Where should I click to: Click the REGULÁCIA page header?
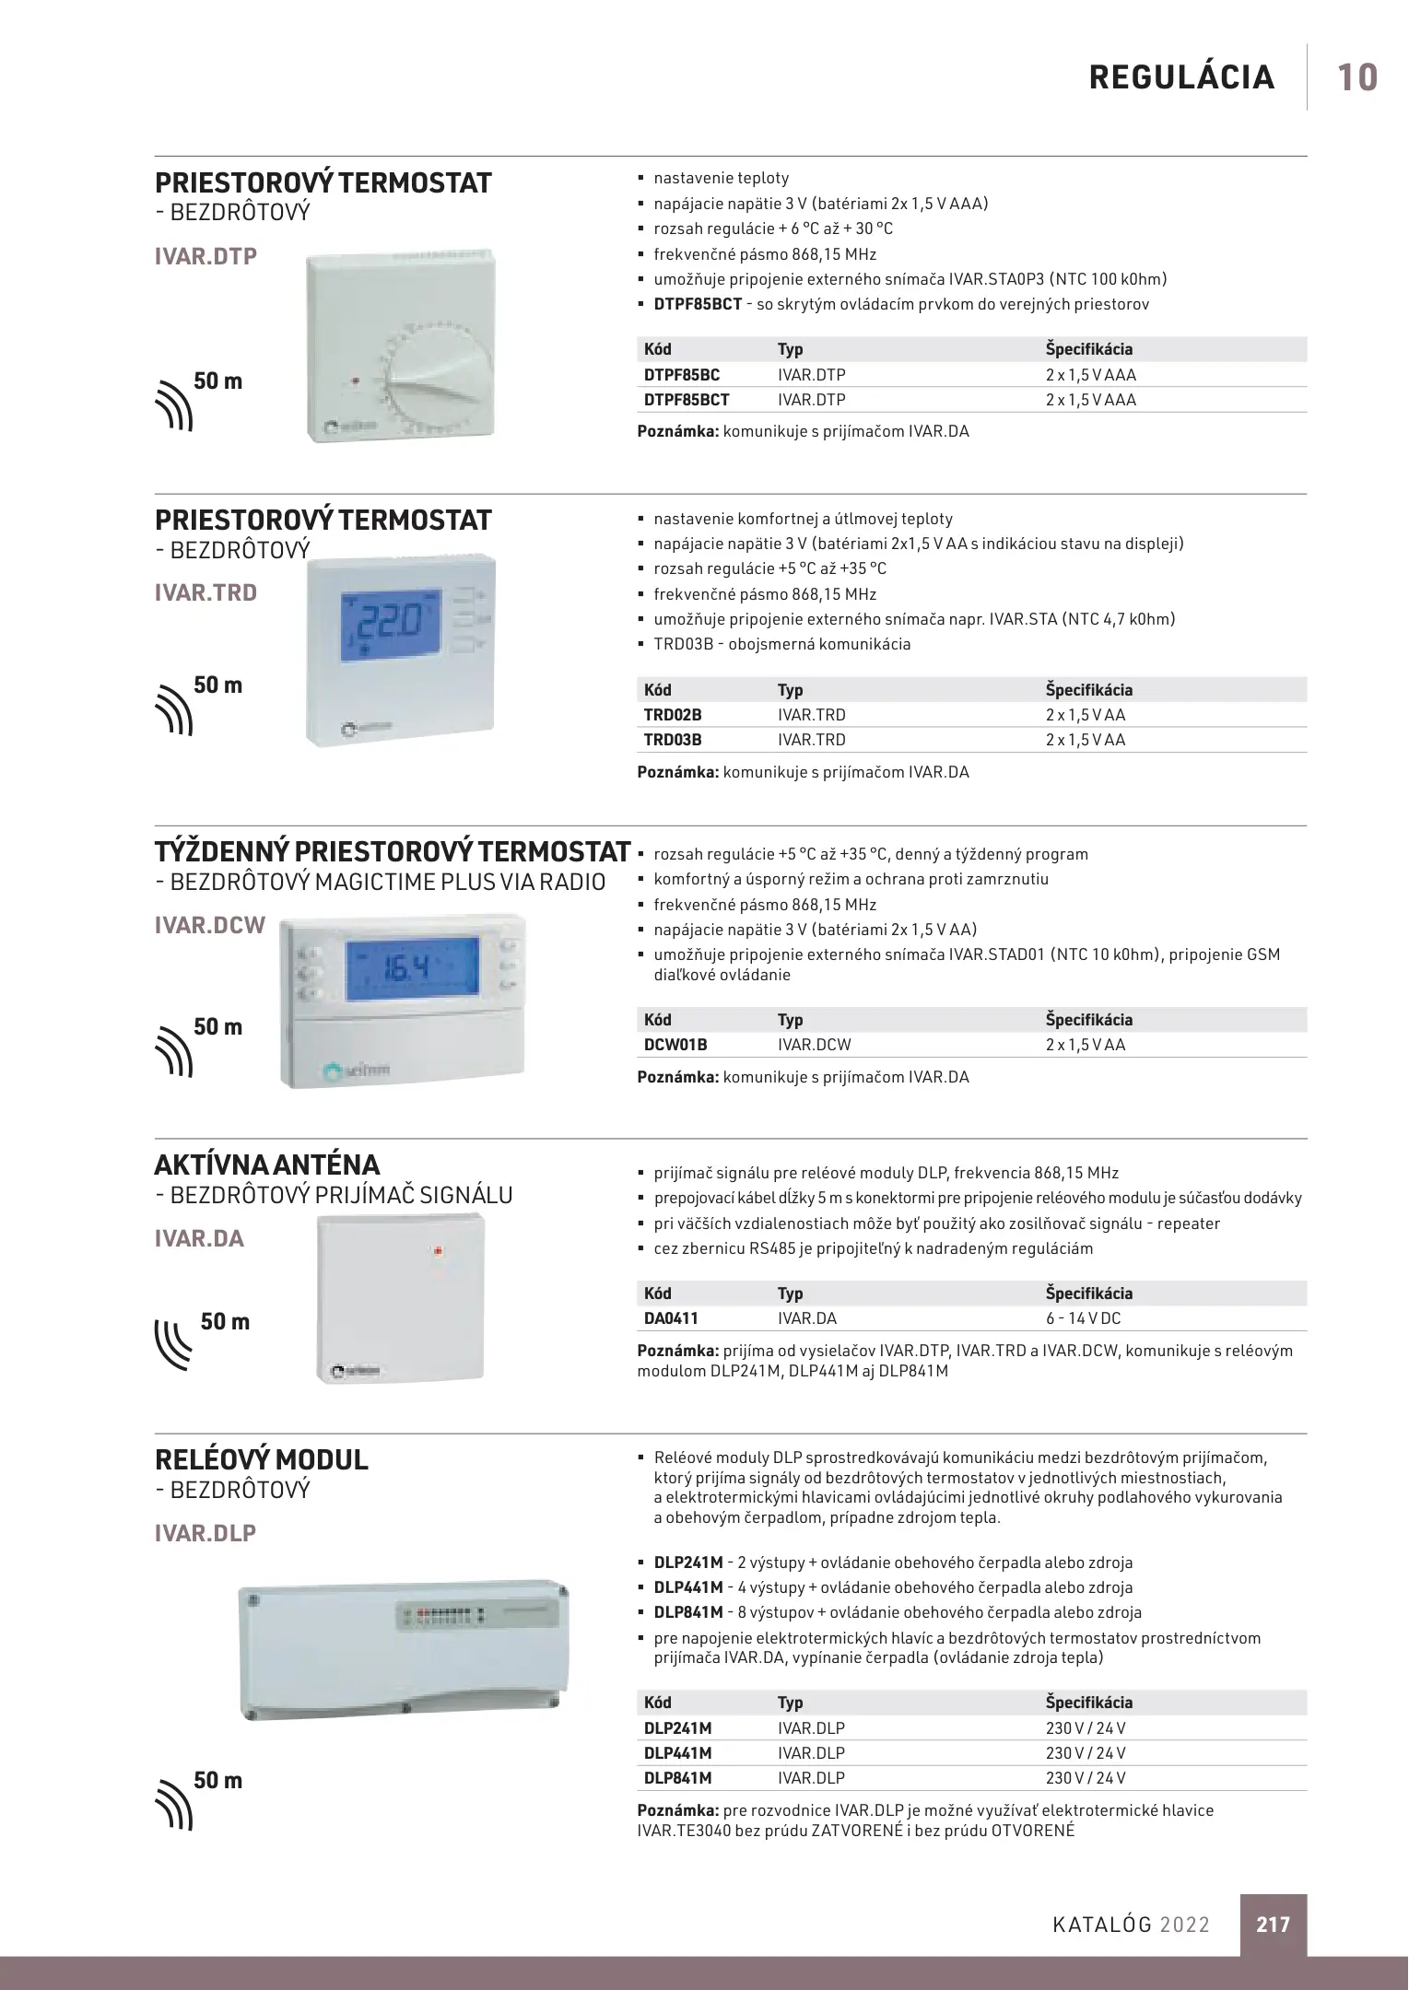[x=1181, y=77]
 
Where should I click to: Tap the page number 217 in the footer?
[x=1273, y=1924]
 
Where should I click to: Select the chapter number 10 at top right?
[x=1356, y=77]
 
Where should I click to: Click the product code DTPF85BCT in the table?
[x=687, y=400]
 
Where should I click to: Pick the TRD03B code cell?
[x=673, y=740]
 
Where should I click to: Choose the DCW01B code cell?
[x=675, y=1045]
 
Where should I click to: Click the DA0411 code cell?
[x=670, y=1318]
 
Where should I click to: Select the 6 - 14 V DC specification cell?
[x=1083, y=1318]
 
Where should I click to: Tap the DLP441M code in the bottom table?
[x=677, y=1753]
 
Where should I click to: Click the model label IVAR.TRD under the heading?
[x=205, y=592]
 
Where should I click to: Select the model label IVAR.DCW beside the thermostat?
[x=209, y=925]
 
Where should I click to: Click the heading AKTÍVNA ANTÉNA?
[x=266, y=1165]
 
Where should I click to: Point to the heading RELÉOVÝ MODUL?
[x=261, y=1460]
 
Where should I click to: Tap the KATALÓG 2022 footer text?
[x=1131, y=1925]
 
